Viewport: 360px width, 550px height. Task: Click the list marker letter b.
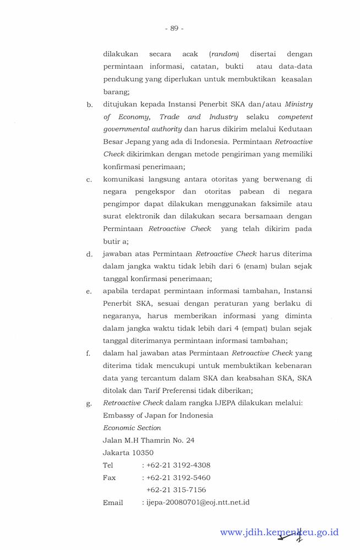point(89,105)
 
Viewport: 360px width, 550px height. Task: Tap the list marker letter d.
point(89,255)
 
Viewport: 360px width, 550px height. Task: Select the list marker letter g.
point(89,403)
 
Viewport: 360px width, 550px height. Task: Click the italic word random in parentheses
point(224,54)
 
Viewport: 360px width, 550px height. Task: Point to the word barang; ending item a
point(116,92)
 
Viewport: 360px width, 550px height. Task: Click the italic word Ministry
point(298,104)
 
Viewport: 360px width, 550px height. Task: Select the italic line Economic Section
point(132,427)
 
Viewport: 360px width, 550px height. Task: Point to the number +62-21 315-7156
point(176,490)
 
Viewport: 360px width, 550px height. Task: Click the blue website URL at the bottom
point(279,532)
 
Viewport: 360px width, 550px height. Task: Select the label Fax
point(109,477)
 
